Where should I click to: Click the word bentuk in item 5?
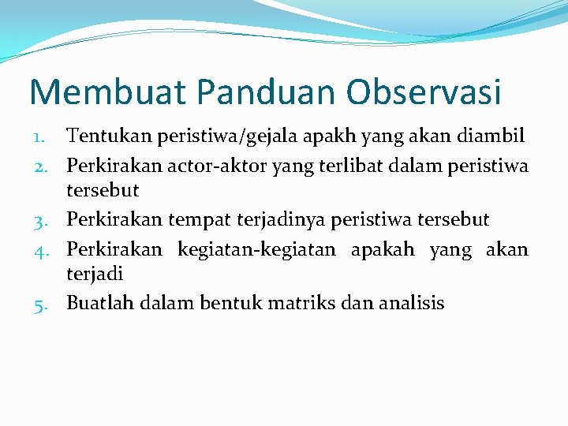point(224,303)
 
